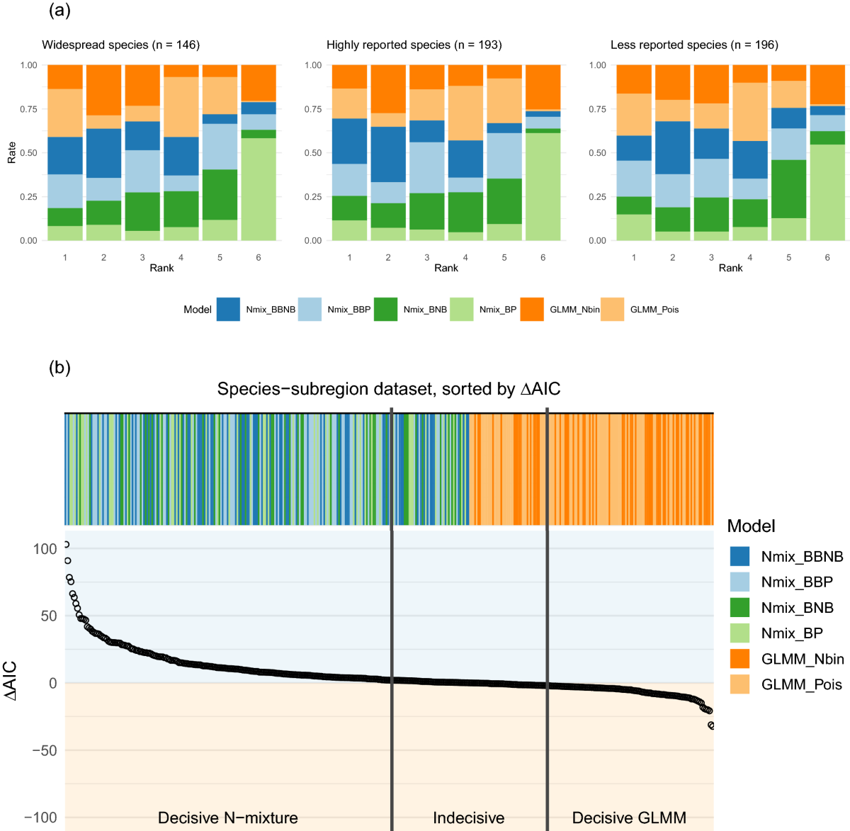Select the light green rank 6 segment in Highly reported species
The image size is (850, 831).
coord(543,187)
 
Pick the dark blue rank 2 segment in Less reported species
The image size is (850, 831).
coord(672,148)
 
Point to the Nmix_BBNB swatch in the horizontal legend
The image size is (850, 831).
coord(228,310)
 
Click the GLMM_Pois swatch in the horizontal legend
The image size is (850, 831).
coord(612,310)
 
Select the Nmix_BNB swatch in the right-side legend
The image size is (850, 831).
coord(739,608)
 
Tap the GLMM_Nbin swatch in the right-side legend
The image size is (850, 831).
coord(739,659)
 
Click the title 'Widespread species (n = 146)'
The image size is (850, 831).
coord(120,45)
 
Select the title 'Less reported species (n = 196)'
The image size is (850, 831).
coord(694,45)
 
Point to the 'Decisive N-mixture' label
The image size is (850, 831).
coord(227,818)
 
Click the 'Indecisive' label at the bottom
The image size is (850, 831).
coord(468,818)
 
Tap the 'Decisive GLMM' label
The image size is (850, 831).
coord(629,818)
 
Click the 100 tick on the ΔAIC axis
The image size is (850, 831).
coord(45,549)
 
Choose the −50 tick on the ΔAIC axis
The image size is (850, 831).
coord(43,750)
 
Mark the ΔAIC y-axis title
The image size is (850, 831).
coord(11,682)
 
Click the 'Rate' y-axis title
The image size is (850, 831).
coord(12,153)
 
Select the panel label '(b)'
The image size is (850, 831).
coord(59,368)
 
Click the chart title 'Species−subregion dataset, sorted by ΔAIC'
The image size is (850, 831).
coord(389,389)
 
